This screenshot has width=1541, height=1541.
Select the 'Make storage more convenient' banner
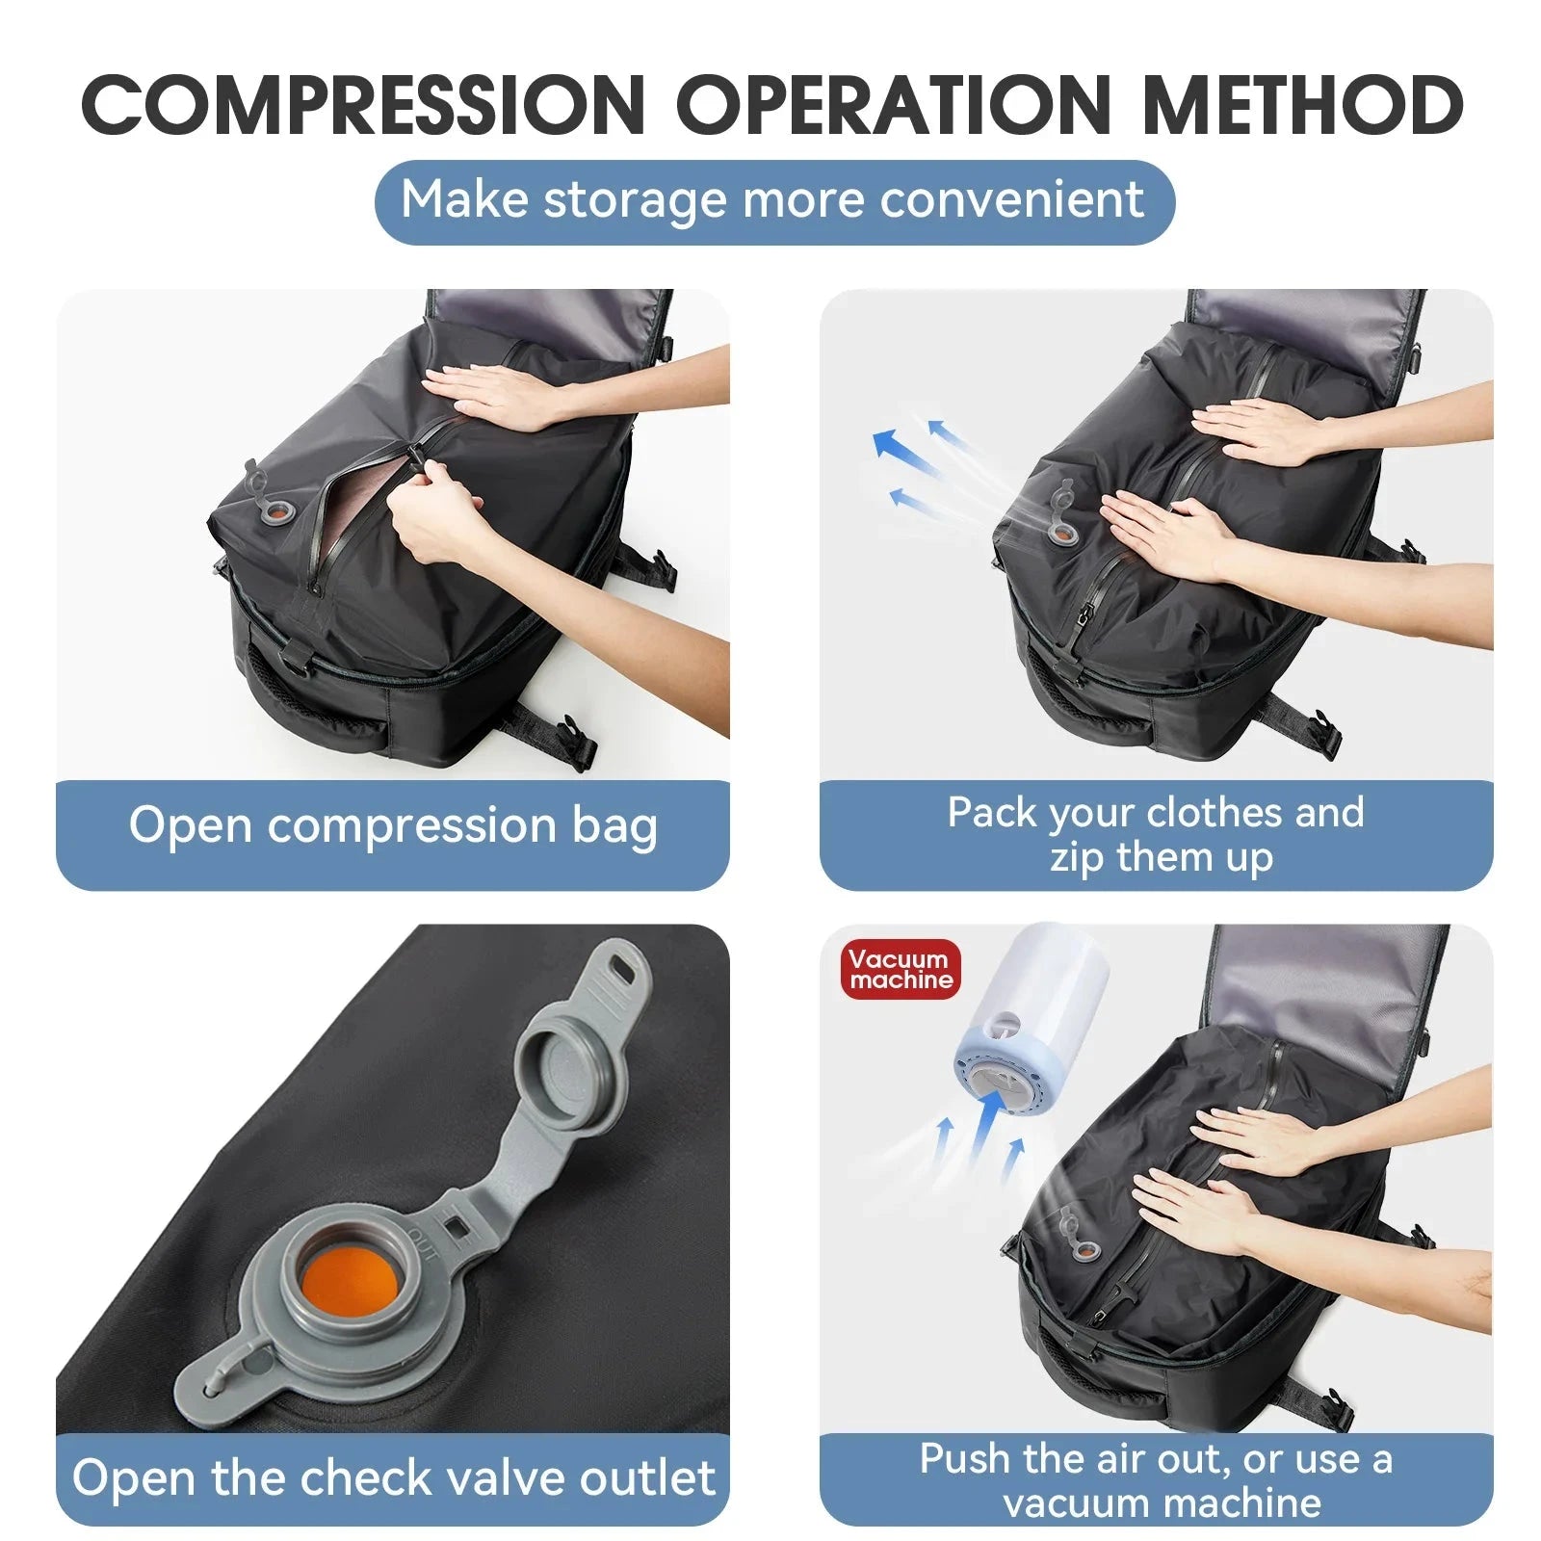tap(773, 201)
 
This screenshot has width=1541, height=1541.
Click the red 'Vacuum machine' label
tap(900, 970)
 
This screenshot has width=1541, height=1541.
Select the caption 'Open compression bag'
tap(393, 827)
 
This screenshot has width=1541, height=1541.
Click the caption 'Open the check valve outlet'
tap(393, 1478)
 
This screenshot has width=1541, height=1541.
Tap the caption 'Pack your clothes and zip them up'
tap(1156, 834)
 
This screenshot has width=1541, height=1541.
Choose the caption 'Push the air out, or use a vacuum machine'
tap(1156, 1481)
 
